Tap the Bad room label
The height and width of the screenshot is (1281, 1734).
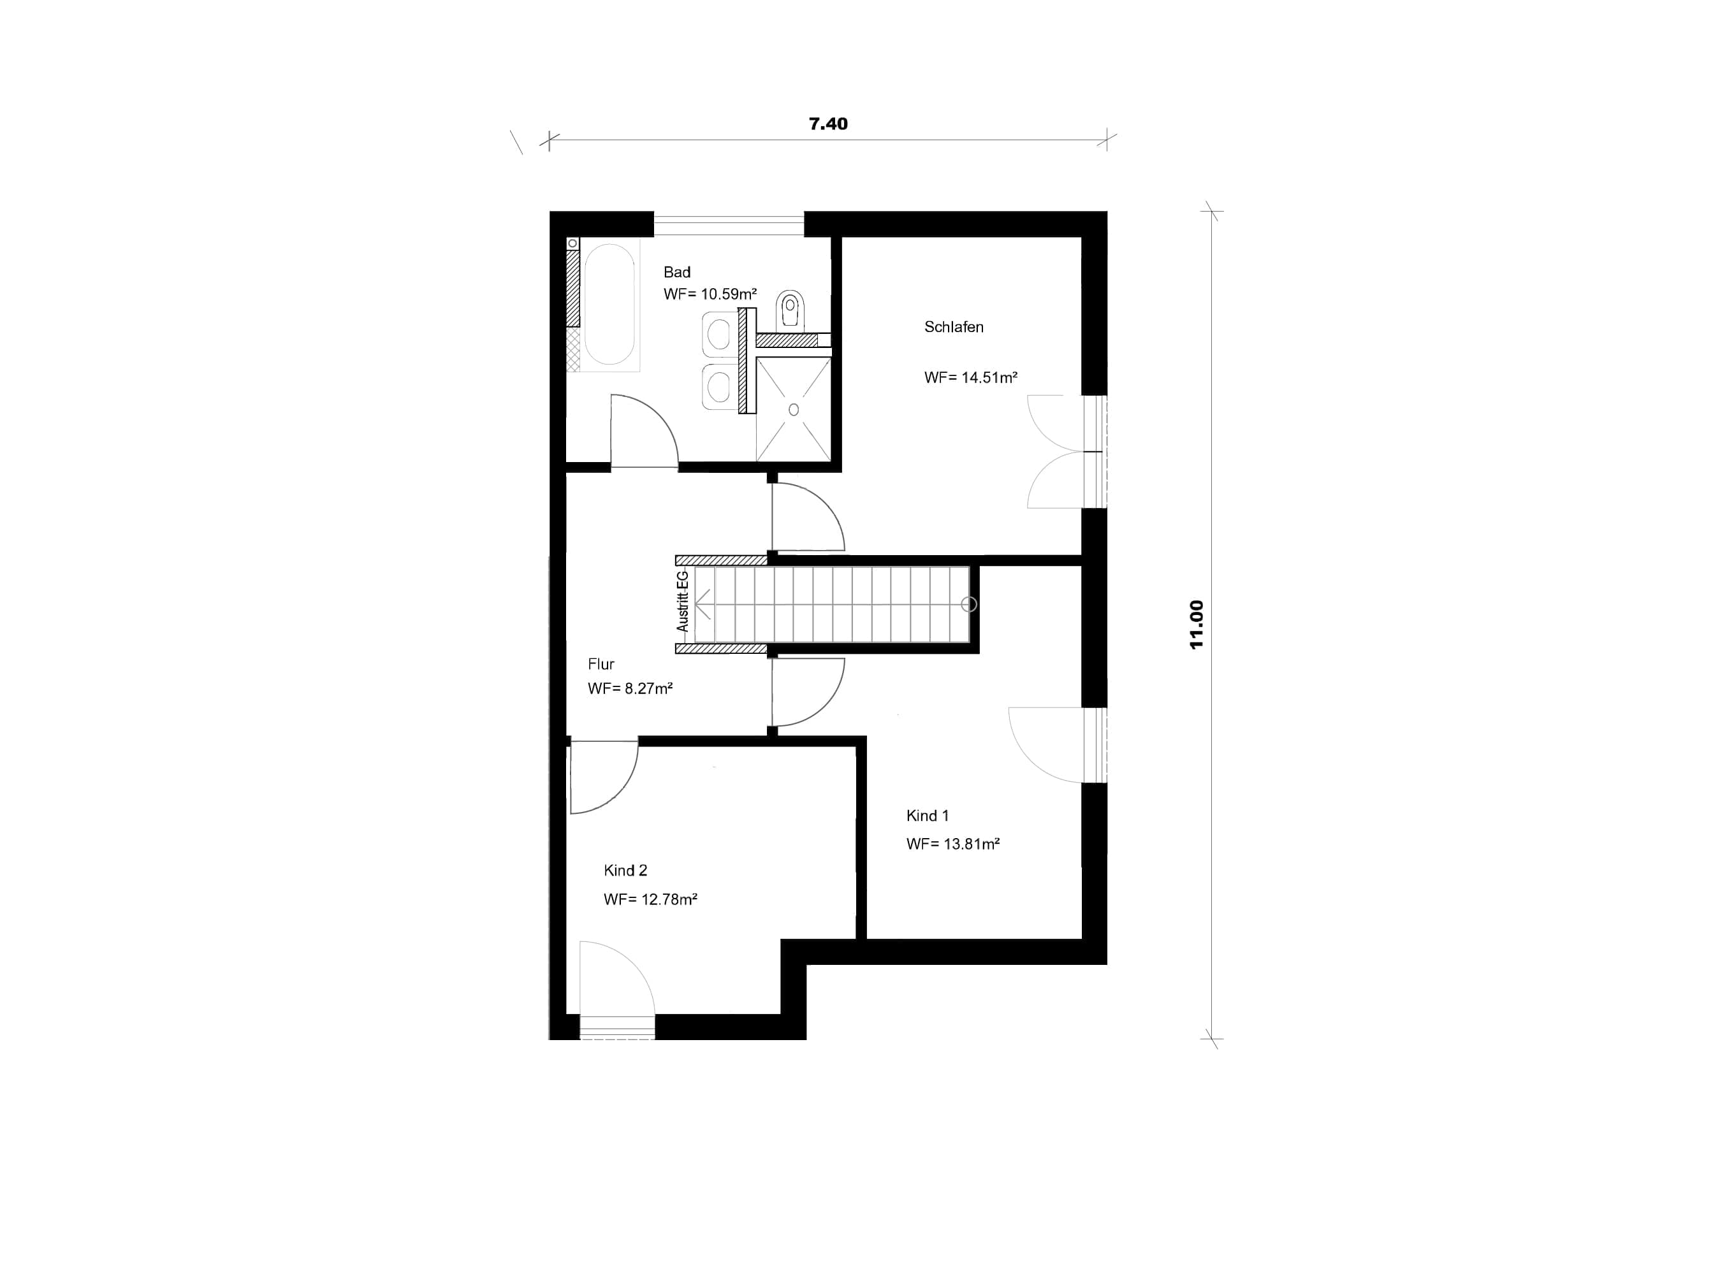click(677, 272)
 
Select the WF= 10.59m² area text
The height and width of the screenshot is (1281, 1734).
click(710, 294)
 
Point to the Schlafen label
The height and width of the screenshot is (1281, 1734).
click(954, 327)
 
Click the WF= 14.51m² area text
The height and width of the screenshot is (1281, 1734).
click(971, 378)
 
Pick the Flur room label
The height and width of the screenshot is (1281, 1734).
click(601, 664)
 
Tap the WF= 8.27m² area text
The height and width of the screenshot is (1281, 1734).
click(630, 688)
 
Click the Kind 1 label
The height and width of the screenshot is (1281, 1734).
click(928, 816)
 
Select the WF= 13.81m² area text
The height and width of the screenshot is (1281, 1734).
click(953, 844)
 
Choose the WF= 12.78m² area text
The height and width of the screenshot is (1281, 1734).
click(651, 899)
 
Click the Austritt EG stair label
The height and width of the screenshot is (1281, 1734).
click(682, 601)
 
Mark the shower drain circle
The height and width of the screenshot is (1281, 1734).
click(793, 409)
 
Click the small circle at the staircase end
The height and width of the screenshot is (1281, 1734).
click(968, 604)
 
